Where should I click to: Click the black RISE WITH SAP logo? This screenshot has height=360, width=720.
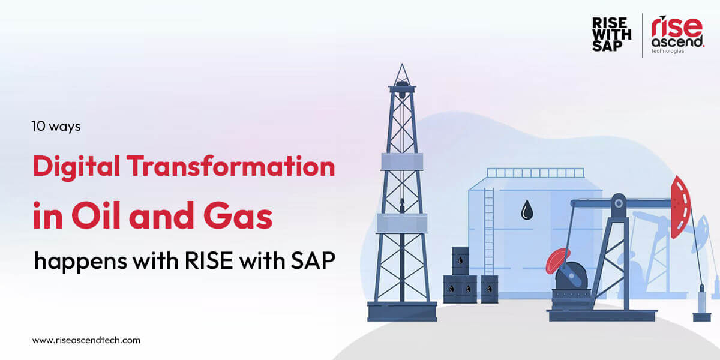(x=611, y=34)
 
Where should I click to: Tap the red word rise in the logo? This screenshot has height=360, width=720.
(x=677, y=26)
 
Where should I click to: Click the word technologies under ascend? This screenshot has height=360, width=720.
(x=668, y=51)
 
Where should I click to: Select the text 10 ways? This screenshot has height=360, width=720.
(x=56, y=127)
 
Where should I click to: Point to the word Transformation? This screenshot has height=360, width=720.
(x=231, y=166)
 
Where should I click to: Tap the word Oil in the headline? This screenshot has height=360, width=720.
(x=96, y=215)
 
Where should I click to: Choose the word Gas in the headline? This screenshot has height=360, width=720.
(x=238, y=215)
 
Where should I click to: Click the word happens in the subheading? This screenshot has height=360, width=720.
(x=80, y=262)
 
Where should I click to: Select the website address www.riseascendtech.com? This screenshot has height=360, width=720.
(x=86, y=340)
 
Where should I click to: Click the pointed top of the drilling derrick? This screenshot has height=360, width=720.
(x=402, y=64)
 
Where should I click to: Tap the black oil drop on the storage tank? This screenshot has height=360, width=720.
(x=527, y=210)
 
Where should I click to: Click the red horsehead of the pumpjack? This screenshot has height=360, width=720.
(x=681, y=207)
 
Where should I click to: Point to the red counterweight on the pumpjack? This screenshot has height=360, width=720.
(x=557, y=260)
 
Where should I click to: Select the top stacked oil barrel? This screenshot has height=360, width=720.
(x=460, y=260)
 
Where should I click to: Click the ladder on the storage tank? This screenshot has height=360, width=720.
(x=489, y=232)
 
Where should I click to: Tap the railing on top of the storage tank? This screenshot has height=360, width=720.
(x=535, y=173)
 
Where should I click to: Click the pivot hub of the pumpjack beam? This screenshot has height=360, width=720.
(x=619, y=203)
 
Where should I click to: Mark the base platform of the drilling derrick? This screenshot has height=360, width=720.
(x=402, y=311)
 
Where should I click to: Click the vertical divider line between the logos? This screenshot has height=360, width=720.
(x=642, y=35)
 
